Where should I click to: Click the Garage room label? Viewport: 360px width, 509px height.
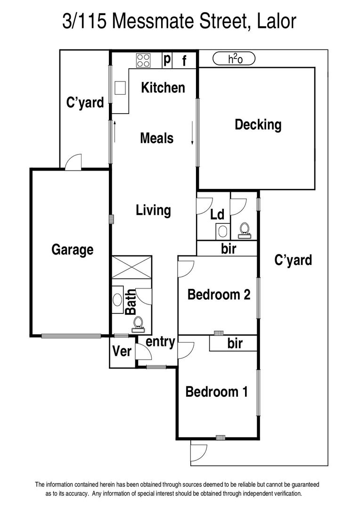73,250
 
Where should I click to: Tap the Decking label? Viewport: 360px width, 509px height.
258,125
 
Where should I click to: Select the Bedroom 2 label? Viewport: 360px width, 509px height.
219,295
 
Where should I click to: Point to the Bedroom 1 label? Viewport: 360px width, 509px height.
217,392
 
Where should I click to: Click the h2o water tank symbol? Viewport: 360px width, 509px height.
234,59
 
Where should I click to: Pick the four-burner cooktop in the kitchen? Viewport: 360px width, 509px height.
143,60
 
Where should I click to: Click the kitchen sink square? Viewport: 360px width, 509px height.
120,88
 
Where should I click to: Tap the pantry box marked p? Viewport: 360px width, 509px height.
167,60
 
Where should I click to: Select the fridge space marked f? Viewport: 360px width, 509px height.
184,60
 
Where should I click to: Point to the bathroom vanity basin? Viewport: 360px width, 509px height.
117,300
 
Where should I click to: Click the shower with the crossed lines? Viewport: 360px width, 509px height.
132,267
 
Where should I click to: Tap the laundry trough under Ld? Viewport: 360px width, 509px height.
223,231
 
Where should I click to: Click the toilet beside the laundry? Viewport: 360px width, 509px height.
244,230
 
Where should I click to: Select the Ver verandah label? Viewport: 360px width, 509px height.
122,351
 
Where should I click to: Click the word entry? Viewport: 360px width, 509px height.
160,342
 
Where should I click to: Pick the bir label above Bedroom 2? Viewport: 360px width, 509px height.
229,249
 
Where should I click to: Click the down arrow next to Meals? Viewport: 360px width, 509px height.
192,133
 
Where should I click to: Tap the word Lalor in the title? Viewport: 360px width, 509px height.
277,21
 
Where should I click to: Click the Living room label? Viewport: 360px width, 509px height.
153,210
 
